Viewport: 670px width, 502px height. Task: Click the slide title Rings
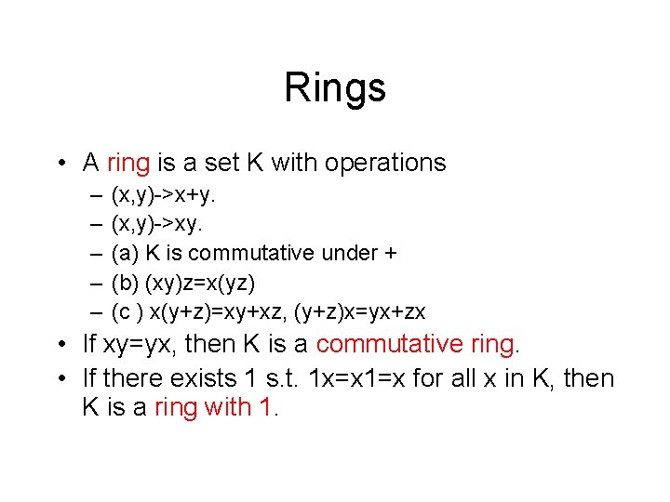(335, 88)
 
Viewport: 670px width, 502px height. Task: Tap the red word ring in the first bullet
(128, 163)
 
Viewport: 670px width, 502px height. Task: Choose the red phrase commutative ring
(416, 345)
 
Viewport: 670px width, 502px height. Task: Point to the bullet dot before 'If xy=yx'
(61, 345)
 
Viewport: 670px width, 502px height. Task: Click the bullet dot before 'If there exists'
(61, 378)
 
